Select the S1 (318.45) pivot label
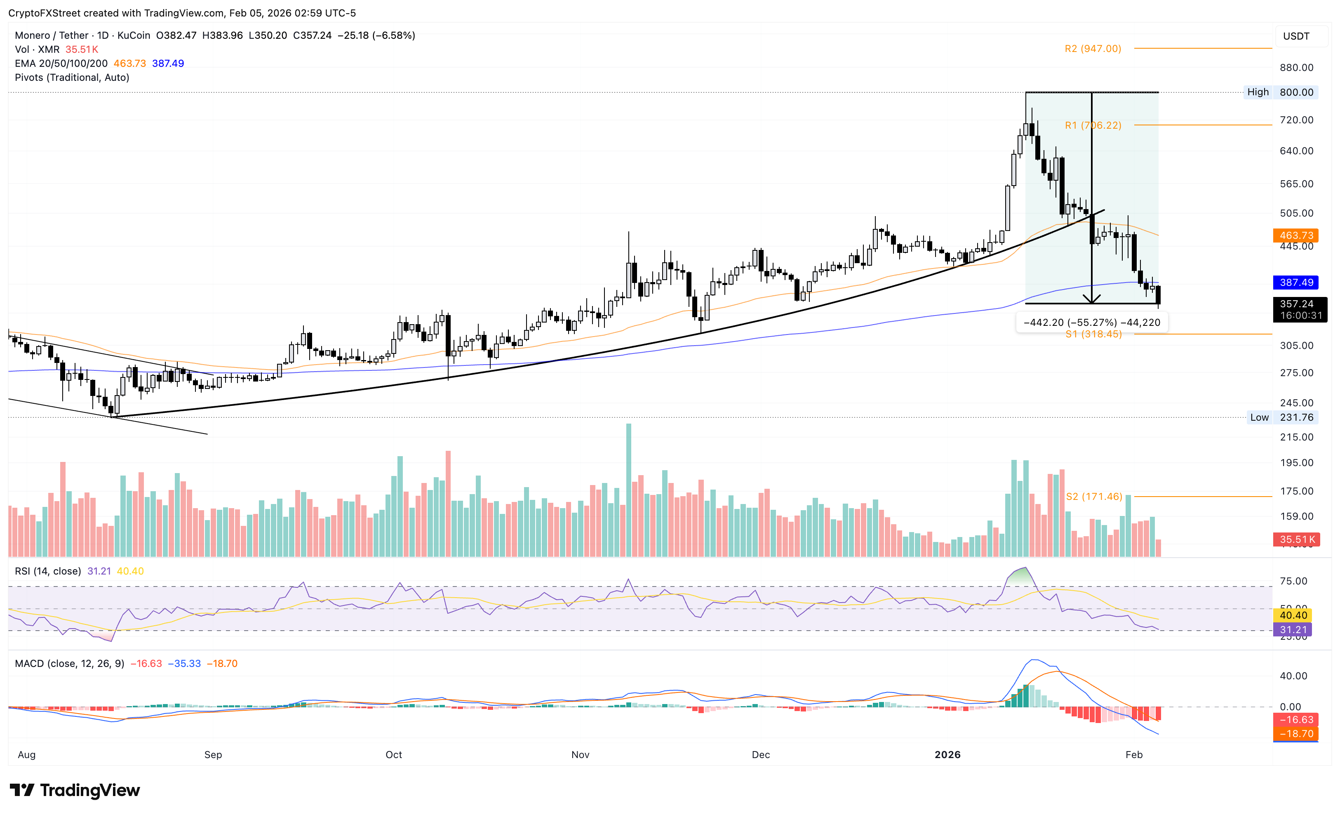pyautogui.click(x=1093, y=334)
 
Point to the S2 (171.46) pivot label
pyautogui.click(x=1093, y=497)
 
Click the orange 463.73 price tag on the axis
pyautogui.click(x=1296, y=236)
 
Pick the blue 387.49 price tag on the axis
pyautogui.click(x=1296, y=283)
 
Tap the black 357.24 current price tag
pyautogui.click(x=1299, y=309)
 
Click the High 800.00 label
pyautogui.click(x=1281, y=92)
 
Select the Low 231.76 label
pyautogui.click(x=1281, y=417)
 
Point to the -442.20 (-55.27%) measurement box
pyautogui.click(x=1091, y=323)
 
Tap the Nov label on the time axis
pyautogui.click(x=580, y=755)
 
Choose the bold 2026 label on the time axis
pyautogui.click(x=947, y=755)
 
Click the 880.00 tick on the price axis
pyautogui.click(x=1296, y=68)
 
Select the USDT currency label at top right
pyautogui.click(x=1296, y=36)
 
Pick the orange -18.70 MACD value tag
pyautogui.click(x=1296, y=734)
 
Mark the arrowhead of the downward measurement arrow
pyautogui.click(x=1091, y=300)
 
